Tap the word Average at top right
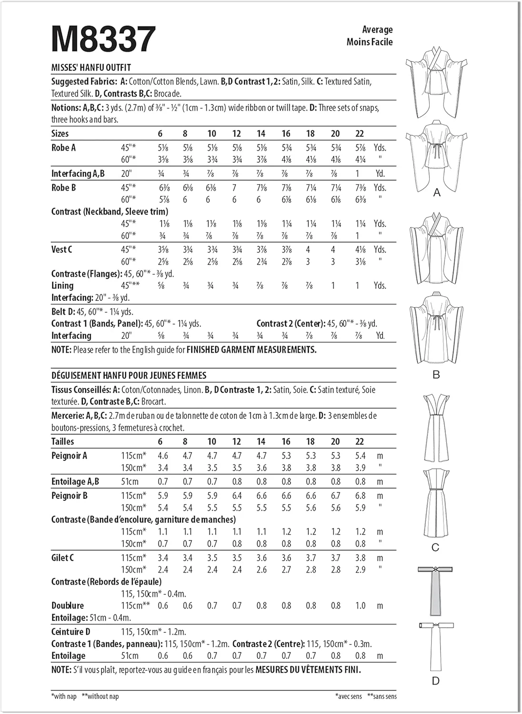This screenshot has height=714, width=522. click(x=377, y=30)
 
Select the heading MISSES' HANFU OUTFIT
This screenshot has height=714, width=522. click(x=91, y=68)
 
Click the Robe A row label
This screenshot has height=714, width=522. click(x=63, y=148)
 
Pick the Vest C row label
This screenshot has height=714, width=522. click(x=62, y=249)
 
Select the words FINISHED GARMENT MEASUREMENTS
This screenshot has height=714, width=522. click(x=251, y=350)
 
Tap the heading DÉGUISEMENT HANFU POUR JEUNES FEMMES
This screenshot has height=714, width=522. click(x=128, y=375)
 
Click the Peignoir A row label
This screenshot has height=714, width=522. click(x=69, y=456)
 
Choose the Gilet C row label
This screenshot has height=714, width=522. click(x=62, y=557)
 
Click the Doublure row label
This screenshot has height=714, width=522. click(x=67, y=605)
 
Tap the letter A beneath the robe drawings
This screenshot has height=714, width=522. click(x=437, y=193)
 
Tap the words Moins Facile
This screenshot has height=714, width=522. click(x=370, y=42)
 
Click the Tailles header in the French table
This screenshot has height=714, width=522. click(x=63, y=441)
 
